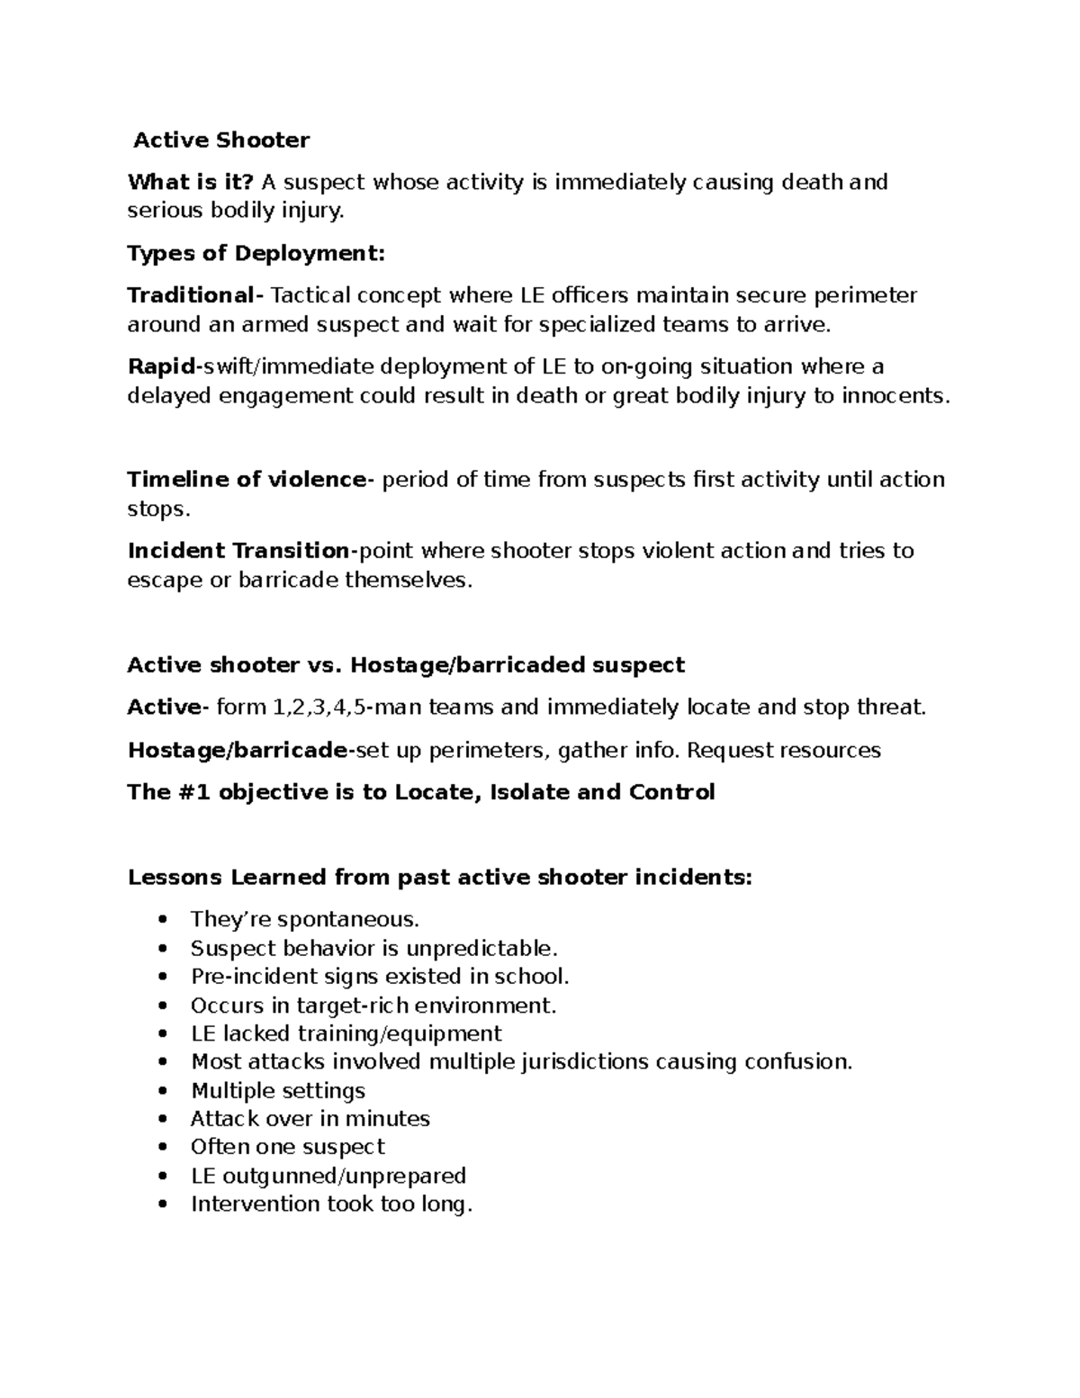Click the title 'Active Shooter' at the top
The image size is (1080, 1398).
pos(221,140)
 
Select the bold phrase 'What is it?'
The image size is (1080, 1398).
pos(190,183)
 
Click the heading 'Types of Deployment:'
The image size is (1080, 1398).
pos(256,254)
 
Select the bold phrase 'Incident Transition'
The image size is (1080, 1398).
pos(238,551)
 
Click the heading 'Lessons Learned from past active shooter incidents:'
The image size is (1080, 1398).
pos(439,877)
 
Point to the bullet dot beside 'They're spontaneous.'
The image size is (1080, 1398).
pos(162,921)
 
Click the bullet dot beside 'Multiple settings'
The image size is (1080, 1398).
pos(162,1092)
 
